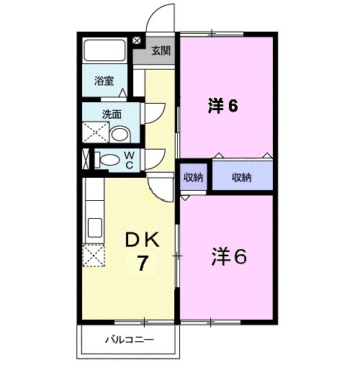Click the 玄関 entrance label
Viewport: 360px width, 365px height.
pyautogui.click(x=161, y=50)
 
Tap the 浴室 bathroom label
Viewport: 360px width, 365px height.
pyautogui.click(x=104, y=81)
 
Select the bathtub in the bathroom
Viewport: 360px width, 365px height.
pyautogui.click(x=105, y=50)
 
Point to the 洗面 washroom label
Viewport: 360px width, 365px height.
pyautogui.click(x=110, y=114)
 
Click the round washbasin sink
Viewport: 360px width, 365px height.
pyautogui.click(x=120, y=134)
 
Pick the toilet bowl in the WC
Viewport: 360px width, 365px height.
pyautogui.click(x=108, y=161)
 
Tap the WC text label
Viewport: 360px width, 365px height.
pyautogui.click(x=128, y=159)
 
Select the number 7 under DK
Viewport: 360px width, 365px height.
pyautogui.click(x=143, y=264)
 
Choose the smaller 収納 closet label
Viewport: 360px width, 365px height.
pyautogui.click(x=192, y=177)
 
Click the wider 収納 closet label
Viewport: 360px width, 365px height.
pyautogui.click(x=241, y=177)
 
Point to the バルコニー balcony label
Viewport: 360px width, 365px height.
pyautogui.click(x=129, y=339)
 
